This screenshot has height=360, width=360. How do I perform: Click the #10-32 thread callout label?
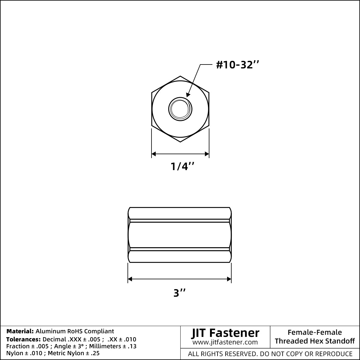point(237,65)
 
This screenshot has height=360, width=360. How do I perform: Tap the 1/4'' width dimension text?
point(182,166)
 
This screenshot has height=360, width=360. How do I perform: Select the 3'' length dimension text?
point(179,293)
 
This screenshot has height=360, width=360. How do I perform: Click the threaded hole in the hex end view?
point(180,109)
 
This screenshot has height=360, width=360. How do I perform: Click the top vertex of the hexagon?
point(180,76)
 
